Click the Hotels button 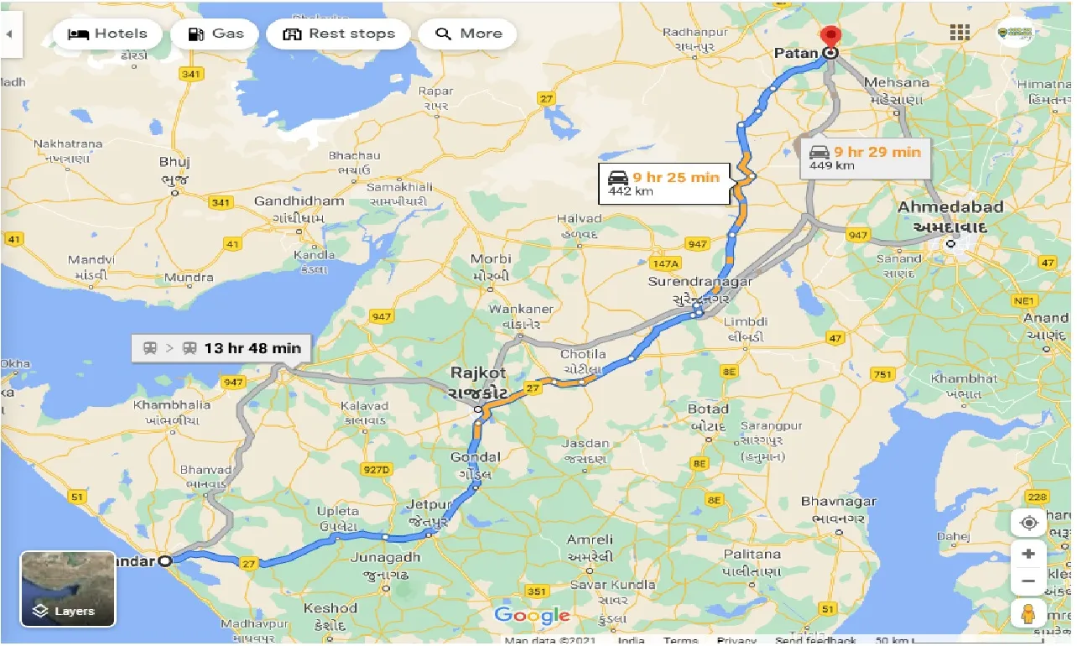(x=107, y=34)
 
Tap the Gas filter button (x=216, y=34)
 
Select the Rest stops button (x=338, y=34)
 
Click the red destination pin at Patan (x=830, y=38)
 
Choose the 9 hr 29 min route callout (x=865, y=158)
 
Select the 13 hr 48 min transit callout (x=222, y=347)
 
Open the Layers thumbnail (x=68, y=589)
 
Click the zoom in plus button (x=1028, y=555)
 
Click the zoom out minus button (x=1028, y=581)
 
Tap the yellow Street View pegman (x=1028, y=613)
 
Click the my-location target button (x=1028, y=524)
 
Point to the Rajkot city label (x=478, y=372)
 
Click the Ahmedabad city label (x=950, y=207)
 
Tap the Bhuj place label (x=174, y=162)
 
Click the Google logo (x=532, y=616)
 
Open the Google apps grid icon (x=960, y=33)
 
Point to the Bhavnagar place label (x=838, y=502)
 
